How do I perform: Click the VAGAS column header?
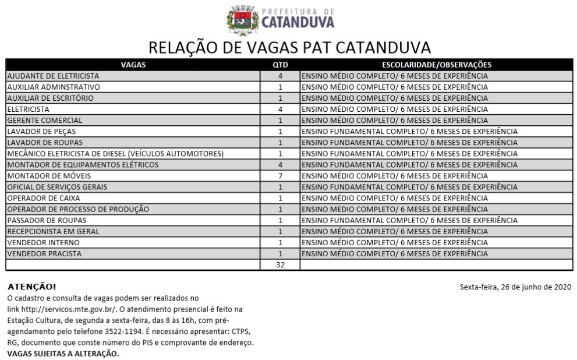pos(133,65)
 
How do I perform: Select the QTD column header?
pos(280,65)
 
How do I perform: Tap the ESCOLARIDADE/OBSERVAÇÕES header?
pos(437,65)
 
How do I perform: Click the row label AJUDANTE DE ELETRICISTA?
pos(53,76)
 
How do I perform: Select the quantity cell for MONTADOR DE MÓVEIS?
pos(280,176)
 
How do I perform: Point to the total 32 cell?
pos(280,265)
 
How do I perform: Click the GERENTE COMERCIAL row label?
pos(44,121)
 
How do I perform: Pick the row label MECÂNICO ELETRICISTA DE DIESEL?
pos(115,154)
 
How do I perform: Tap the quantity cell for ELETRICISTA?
pos(280,109)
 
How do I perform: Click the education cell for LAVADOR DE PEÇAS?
pos(409,132)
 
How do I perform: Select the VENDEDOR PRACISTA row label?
pos(44,254)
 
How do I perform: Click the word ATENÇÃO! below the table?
pos(32,287)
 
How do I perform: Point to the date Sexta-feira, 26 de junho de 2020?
pos(515,287)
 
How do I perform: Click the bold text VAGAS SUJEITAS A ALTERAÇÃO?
pos(63,354)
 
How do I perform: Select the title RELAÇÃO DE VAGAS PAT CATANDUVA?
pos(289,46)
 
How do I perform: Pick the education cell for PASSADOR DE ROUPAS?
pos(409,221)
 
